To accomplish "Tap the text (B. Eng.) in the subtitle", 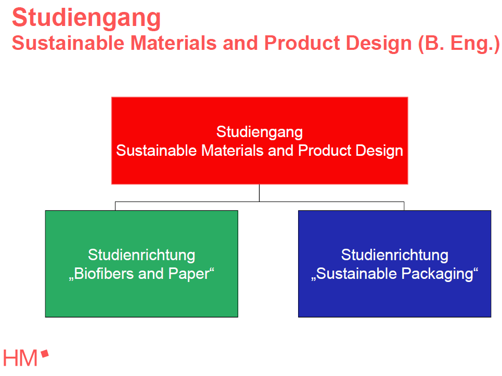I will click(458, 43).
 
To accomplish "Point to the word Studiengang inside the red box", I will click(259, 132).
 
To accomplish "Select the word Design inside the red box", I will click(379, 151).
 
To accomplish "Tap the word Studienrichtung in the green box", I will click(141, 255).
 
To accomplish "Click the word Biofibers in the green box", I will click(102, 274).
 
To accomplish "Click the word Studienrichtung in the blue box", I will click(394, 255).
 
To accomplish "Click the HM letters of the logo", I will click(20, 358).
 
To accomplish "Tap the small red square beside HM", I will click(45, 354).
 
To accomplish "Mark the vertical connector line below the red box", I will click(259, 193).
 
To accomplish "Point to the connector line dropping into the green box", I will click(115, 206).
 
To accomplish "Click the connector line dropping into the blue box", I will click(404, 206).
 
